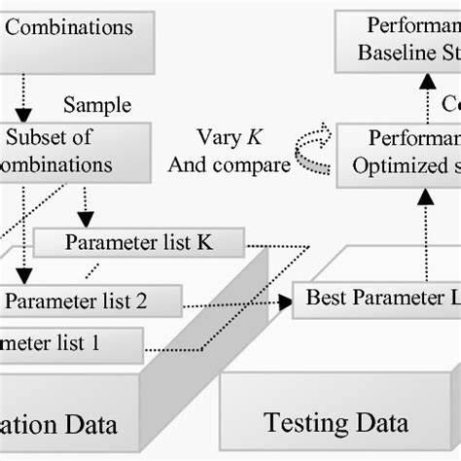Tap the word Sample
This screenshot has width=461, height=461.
pyautogui.click(x=96, y=104)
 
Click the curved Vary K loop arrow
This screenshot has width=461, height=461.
pyautogui.click(x=313, y=151)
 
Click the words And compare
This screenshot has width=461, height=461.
pyautogui.click(x=229, y=164)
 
